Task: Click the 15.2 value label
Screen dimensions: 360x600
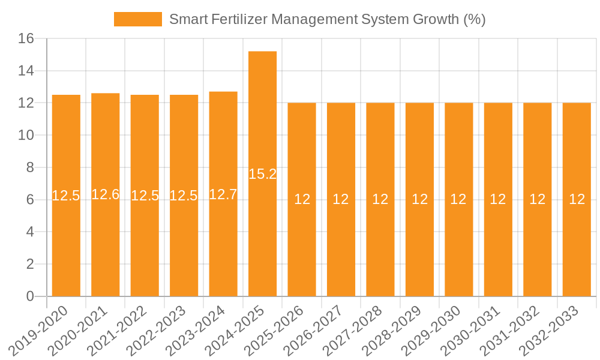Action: pyautogui.click(x=263, y=174)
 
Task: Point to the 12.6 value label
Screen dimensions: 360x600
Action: pyautogui.click(x=106, y=194)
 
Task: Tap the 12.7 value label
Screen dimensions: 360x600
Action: pyautogui.click(x=223, y=194)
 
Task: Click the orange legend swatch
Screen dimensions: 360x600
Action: pyautogui.click(x=138, y=19)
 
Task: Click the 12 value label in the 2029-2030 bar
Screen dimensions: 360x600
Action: pyautogui.click(x=458, y=199)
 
